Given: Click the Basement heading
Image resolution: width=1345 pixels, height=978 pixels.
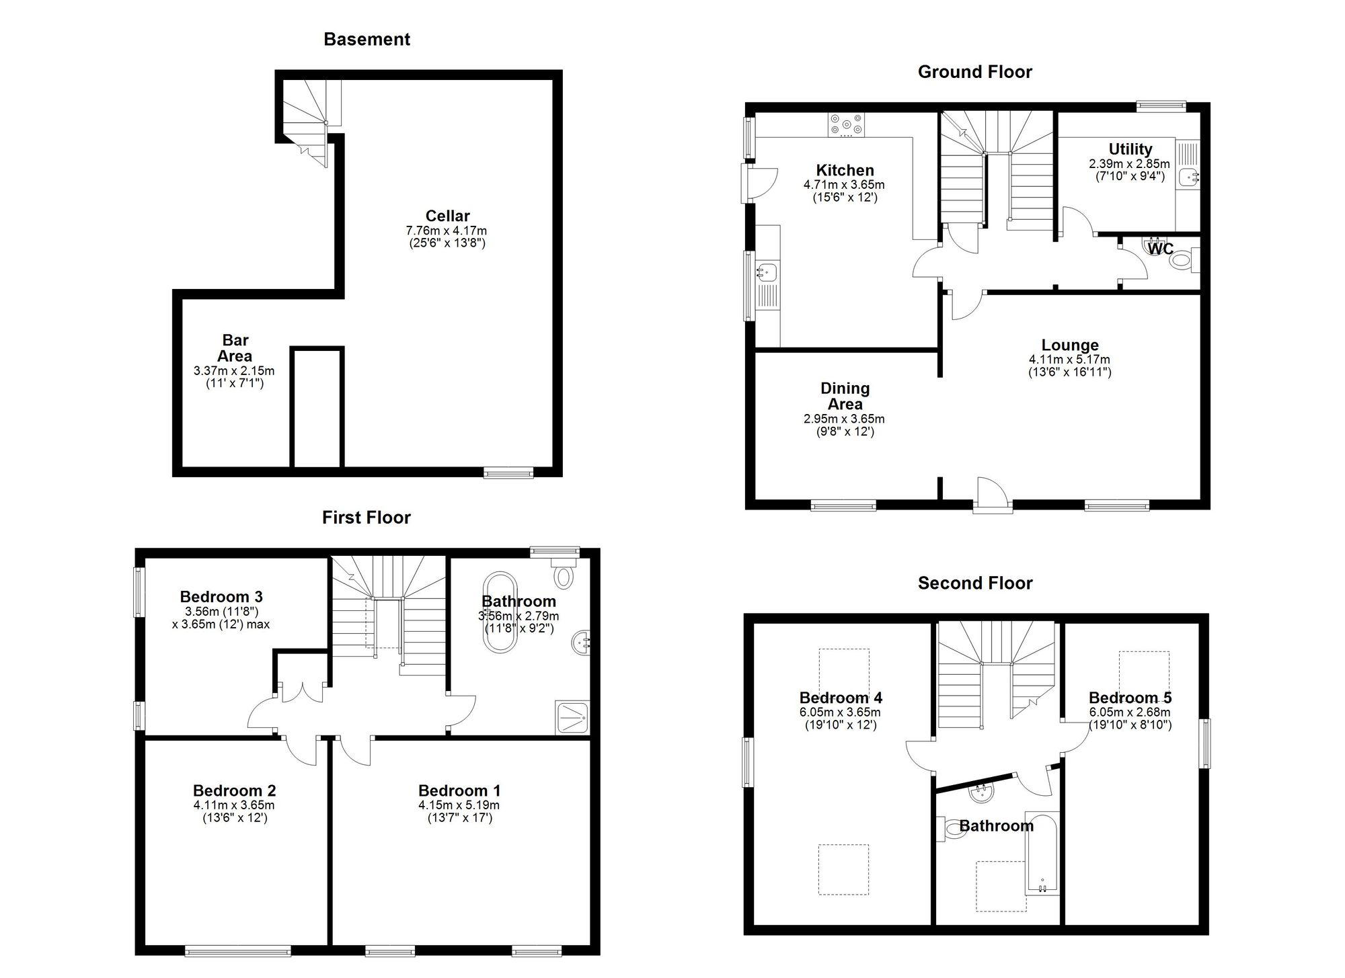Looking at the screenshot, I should pos(367,39).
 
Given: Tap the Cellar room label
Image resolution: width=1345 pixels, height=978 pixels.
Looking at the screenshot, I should pos(447,216).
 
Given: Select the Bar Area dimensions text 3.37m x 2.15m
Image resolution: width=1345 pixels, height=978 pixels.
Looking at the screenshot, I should pos(234,370).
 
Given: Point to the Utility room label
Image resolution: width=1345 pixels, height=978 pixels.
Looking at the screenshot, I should pos(1130,149).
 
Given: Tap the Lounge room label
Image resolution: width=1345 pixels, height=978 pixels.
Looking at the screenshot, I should pos(1069,345).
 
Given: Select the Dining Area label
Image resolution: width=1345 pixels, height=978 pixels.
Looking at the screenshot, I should pos(845,396).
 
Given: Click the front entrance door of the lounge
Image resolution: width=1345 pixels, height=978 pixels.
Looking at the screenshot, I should pos(993,496).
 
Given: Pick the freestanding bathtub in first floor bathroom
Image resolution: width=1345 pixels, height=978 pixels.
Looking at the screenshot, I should pos(499,613).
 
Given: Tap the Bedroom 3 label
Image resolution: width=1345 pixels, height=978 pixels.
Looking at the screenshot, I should pos(221,596).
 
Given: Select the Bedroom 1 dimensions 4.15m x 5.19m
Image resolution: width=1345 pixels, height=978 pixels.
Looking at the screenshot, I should pos(459,805).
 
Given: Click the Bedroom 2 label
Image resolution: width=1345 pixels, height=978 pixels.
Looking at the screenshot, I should pos(234,790).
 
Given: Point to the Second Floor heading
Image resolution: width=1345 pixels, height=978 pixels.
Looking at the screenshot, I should pos(974,583).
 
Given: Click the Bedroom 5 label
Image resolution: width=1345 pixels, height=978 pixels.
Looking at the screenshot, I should pos(1130,698).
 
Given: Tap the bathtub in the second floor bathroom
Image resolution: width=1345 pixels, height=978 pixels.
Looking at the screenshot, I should pos(1042,854).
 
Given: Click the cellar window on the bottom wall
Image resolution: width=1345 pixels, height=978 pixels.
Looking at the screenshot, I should pos(508,473).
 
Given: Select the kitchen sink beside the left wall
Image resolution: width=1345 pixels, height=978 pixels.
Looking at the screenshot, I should pos(766,272).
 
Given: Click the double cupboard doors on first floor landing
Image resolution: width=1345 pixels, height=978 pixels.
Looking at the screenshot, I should pos(302,693).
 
